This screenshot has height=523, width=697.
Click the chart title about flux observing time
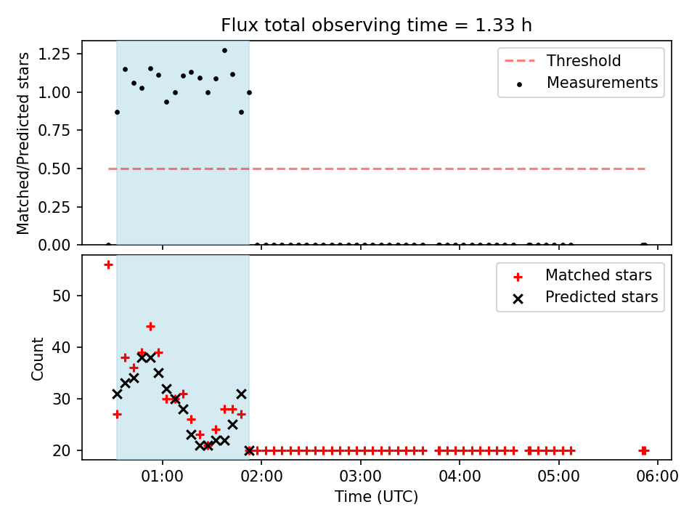click(x=376, y=25)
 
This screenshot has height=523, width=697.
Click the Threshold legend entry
click(x=563, y=60)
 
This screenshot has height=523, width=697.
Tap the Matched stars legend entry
click(x=583, y=275)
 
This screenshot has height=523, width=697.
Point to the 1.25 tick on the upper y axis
click(x=54, y=54)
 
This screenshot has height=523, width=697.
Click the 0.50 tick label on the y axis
click(x=54, y=169)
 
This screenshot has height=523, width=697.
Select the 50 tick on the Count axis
click(x=61, y=296)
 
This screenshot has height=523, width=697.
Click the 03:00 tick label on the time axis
click(x=361, y=477)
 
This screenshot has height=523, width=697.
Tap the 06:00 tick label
click(x=658, y=477)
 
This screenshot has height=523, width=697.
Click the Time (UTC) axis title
click(x=377, y=497)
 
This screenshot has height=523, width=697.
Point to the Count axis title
click(x=37, y=358)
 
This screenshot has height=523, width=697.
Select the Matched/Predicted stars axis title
click(x=23, y=143)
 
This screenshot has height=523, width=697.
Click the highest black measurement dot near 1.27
click(x=224, y=51)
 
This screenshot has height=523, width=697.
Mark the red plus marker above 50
click(x=108, y=265)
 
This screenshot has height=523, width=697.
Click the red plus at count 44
click(x=150, y=327)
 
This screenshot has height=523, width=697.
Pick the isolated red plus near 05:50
click(x=644, y=450)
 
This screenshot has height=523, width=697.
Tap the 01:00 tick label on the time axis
click(x=162, y=477)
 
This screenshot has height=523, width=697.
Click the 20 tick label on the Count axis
click(x=61, y=450)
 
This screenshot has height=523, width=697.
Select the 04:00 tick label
click(x=460, y=477)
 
